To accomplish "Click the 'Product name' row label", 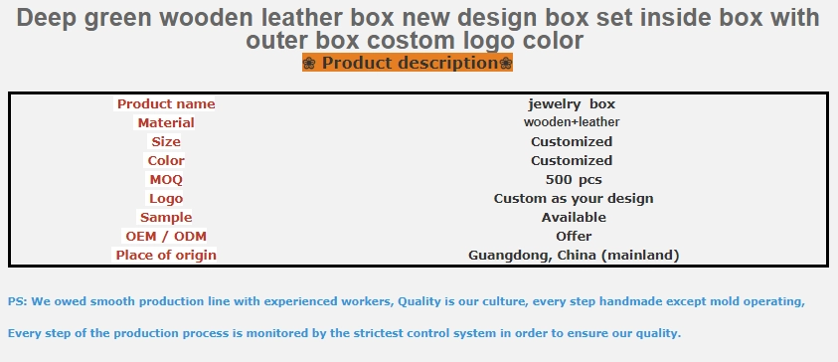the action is pos(166,103).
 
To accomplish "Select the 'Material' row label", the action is pos(166,123).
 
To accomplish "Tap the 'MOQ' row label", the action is pos(166,180).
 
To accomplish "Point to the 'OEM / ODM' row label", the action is pos(166,237).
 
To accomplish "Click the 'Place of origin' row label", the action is pos(166,255).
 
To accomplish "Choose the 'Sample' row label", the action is pos(166,218).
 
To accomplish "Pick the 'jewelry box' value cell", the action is pos(572,103).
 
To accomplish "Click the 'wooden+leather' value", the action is pos(572,122).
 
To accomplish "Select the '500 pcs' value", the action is pos(574,180).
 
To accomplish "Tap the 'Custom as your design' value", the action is pos(574,199).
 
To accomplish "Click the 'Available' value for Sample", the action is pos(574,218).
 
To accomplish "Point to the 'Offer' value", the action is pos(574,237).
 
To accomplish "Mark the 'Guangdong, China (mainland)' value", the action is pos(574,256).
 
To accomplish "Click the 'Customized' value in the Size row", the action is pos(572,141).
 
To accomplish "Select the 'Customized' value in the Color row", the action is pos(572,161).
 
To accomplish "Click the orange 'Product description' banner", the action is pos(408,63).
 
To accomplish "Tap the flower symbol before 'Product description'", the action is pos(309,63).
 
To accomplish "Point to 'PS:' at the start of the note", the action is pos(18,301).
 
